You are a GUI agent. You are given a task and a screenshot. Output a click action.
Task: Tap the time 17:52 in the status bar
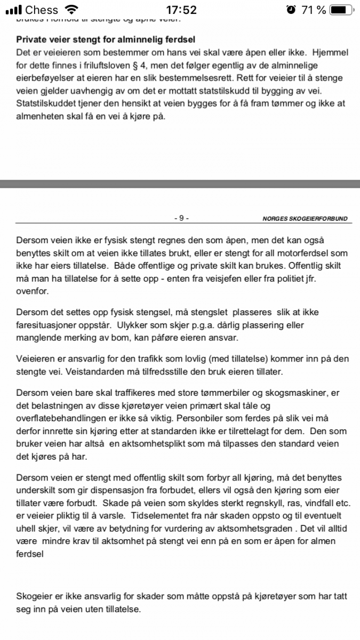pos(181,10)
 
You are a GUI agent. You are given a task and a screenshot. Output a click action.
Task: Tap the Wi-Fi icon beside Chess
pos(70,10)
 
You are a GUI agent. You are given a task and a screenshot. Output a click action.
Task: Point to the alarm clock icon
pos(291,10)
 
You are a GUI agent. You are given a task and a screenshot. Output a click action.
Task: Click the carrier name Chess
pos(42,10)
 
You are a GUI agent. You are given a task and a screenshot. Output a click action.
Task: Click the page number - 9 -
pos(181,218)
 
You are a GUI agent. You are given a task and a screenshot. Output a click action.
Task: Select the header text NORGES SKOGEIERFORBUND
pos(305,219)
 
